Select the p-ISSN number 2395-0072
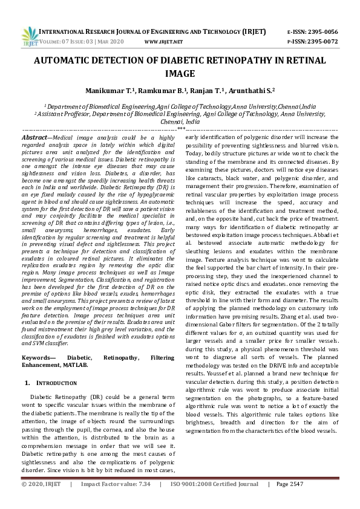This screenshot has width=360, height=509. tap(324, 41)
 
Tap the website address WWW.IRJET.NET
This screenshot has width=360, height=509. tap(164, 41)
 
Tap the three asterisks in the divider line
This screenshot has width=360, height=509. tap(180, 129)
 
